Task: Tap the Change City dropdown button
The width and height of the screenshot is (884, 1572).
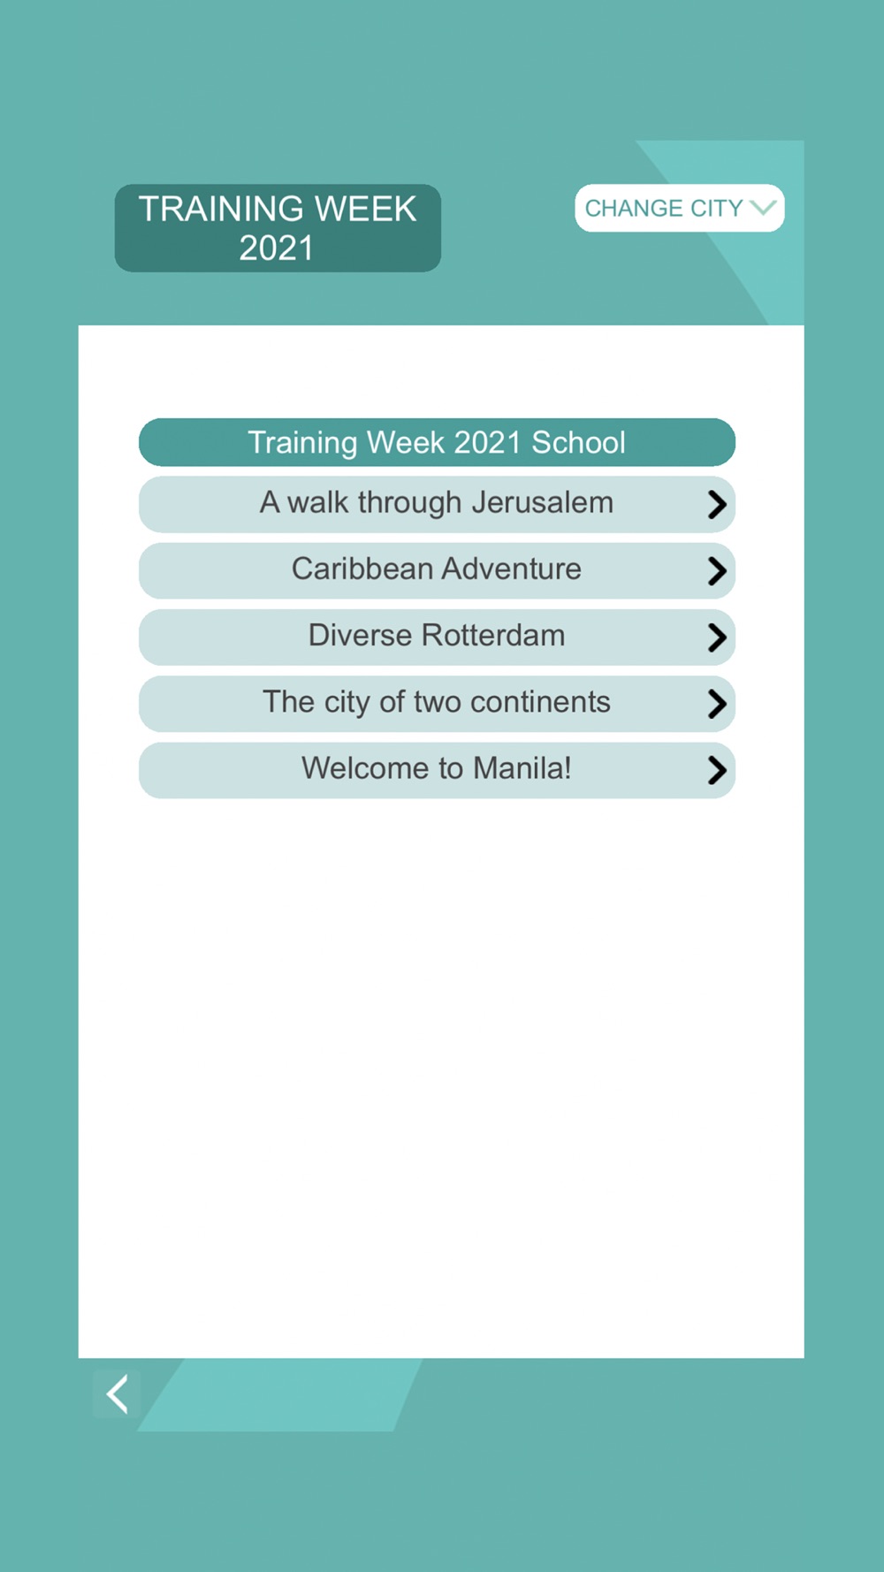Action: [679, 209]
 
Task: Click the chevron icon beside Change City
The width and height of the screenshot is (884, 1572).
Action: [763, 208]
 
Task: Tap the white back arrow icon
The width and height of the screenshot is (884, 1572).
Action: [118, 1394]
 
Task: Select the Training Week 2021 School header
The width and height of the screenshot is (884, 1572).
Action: [437, 442]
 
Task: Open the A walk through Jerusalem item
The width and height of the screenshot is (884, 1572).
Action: [437, 504]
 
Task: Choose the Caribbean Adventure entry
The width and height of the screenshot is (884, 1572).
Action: [437, 570]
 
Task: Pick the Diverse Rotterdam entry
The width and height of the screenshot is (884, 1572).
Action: [437, 637]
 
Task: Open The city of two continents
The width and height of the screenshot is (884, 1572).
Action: [437, 703]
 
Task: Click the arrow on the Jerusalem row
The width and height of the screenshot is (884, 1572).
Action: [717, 504]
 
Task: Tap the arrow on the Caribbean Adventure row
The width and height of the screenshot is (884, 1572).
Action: [717, 570]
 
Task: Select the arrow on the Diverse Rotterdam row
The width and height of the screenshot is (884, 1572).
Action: [717, 637]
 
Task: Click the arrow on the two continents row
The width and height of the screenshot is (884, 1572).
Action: [717, 704]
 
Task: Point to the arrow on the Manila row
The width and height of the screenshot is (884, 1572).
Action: [717, 770]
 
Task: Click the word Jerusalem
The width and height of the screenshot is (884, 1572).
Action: [542, 502]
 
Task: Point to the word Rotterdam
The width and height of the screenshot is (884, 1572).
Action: [493, 635]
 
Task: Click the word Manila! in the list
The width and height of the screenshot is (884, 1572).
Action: [522, 767]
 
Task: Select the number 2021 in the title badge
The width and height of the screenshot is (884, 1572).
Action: [276, 248]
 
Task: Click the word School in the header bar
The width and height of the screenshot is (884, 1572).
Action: [578, 442]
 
